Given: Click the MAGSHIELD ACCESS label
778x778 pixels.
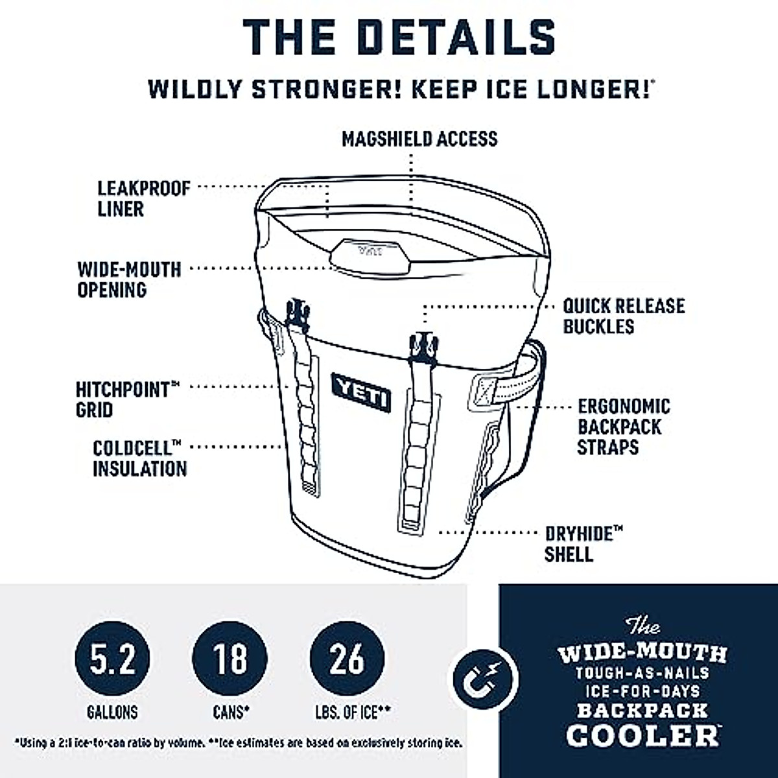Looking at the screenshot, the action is [x=419, y=139].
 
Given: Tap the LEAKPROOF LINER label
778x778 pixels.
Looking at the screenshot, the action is [x=143, y=198].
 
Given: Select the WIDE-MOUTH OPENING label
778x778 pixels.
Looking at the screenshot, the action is [x=129, y=279].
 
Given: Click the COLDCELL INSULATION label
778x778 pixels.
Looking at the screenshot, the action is [x=139, y=458].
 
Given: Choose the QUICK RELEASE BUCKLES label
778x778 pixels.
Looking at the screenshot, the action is [x=623, y=316].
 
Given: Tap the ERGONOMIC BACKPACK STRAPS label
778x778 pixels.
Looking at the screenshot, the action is [x=623, y=427].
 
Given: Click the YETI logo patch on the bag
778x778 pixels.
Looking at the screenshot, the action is [x=361, y=392].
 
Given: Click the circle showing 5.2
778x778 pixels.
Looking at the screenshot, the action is [x=113, y=659].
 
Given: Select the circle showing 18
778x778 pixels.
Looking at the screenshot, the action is [x=230, y=659].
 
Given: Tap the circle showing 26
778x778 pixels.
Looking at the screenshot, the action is [x=347, y=659].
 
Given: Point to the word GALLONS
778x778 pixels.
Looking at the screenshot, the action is [x=113, y=713].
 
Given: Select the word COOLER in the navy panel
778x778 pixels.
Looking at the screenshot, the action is [x=642, y=735].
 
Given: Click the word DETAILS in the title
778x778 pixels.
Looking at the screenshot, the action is [x=457, y=37].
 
